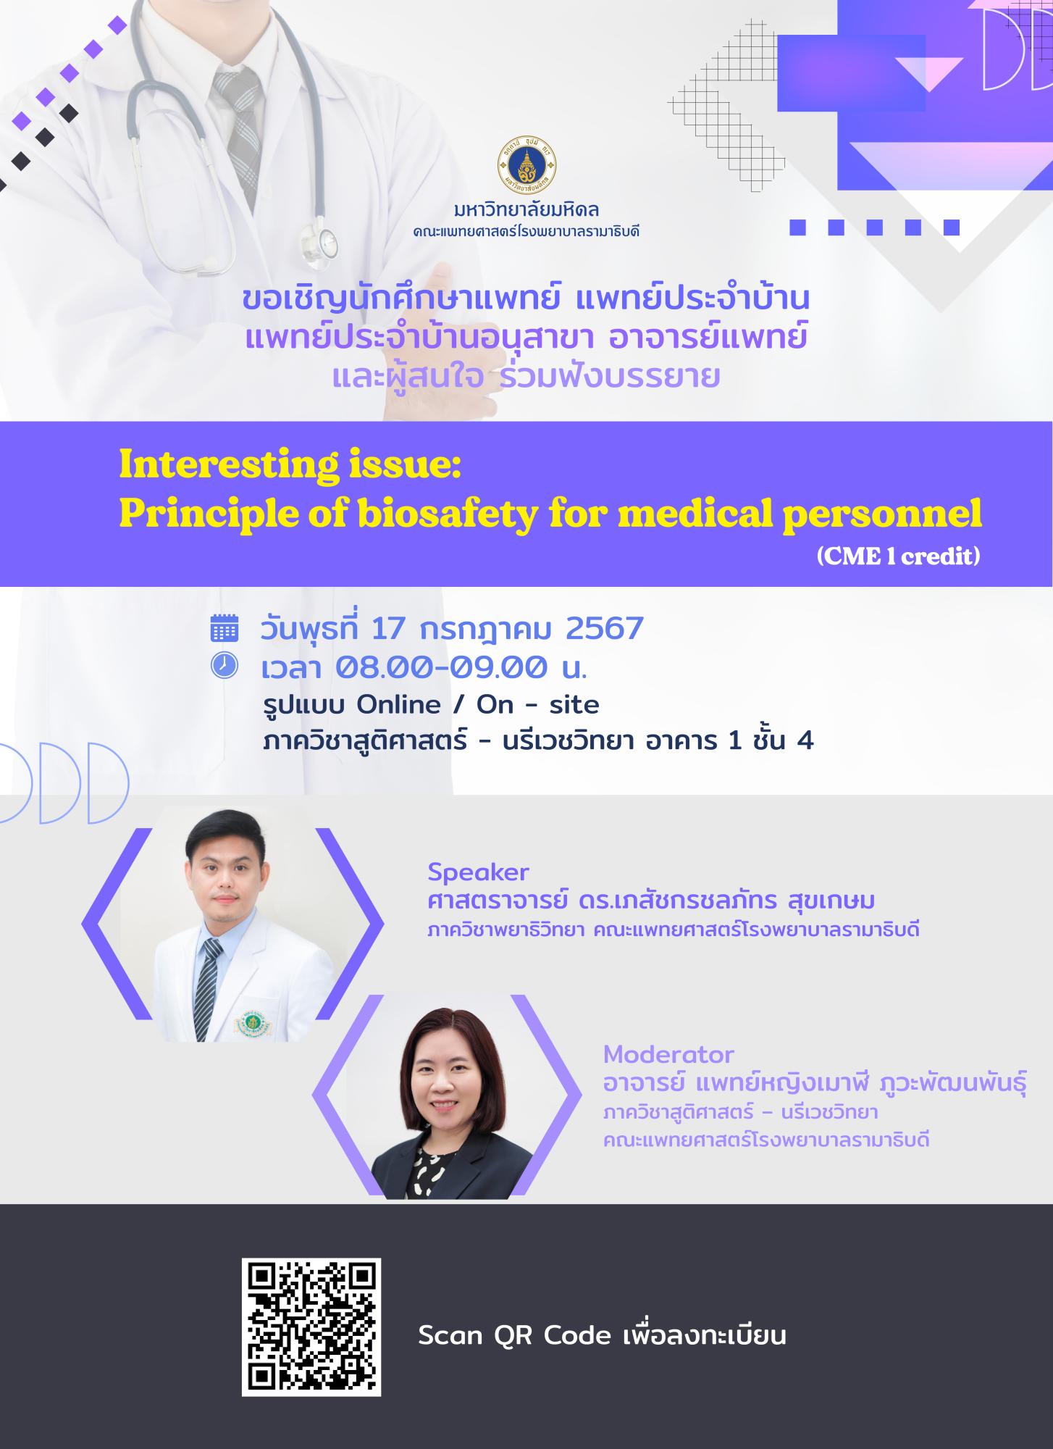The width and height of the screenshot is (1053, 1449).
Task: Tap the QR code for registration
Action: pos(311,1327)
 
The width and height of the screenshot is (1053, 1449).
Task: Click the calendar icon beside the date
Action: pos(225,627)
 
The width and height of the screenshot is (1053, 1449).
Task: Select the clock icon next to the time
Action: pos(225,665)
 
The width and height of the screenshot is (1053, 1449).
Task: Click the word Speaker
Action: pos(478,872)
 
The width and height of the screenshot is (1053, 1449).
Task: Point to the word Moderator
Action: pos(668,1053)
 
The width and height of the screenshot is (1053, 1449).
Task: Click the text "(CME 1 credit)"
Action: pos(898,556)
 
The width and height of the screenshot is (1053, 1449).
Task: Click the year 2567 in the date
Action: pos(605,628)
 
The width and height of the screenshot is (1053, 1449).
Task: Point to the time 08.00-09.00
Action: pos(440,667)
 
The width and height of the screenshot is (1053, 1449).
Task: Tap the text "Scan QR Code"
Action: pos(515,1336)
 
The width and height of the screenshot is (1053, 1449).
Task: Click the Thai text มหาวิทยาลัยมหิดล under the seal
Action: pos(526,212)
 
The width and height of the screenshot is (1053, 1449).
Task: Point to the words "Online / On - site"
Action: pos(479,704)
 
